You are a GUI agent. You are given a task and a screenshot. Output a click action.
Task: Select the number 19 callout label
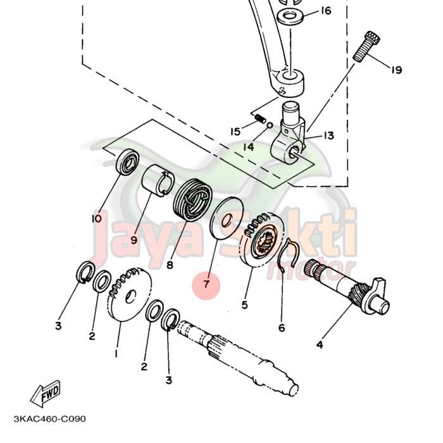coord(396,70)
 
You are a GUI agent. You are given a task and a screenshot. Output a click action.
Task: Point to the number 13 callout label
coord(329,136)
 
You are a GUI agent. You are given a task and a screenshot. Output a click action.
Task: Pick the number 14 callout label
coord(248,147)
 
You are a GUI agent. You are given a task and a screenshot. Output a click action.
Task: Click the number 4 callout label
coord(320,345)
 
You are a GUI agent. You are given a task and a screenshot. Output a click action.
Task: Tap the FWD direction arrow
coord(46,396)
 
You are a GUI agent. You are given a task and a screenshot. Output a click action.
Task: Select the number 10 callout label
coord(96,219)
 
